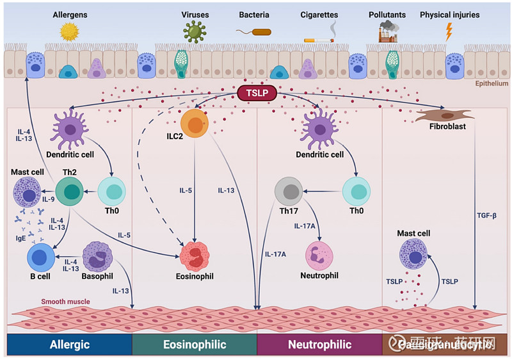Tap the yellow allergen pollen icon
(68, 31)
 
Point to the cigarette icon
(318, 38)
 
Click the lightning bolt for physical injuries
(449, 31)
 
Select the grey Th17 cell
(289, 192)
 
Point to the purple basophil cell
(97, 256)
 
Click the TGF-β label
(486, 215)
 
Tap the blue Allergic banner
(69, 345)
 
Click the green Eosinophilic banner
(194, 345)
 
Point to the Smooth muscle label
(65, 301)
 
